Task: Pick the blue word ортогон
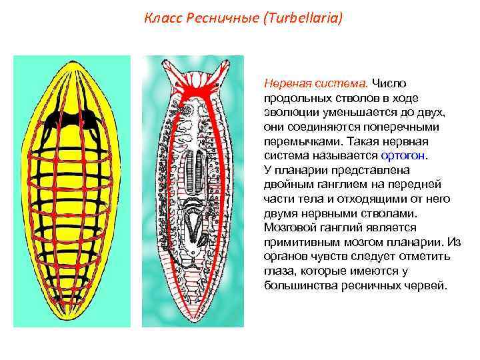tap(405, 155)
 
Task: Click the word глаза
tap(279, 270)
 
